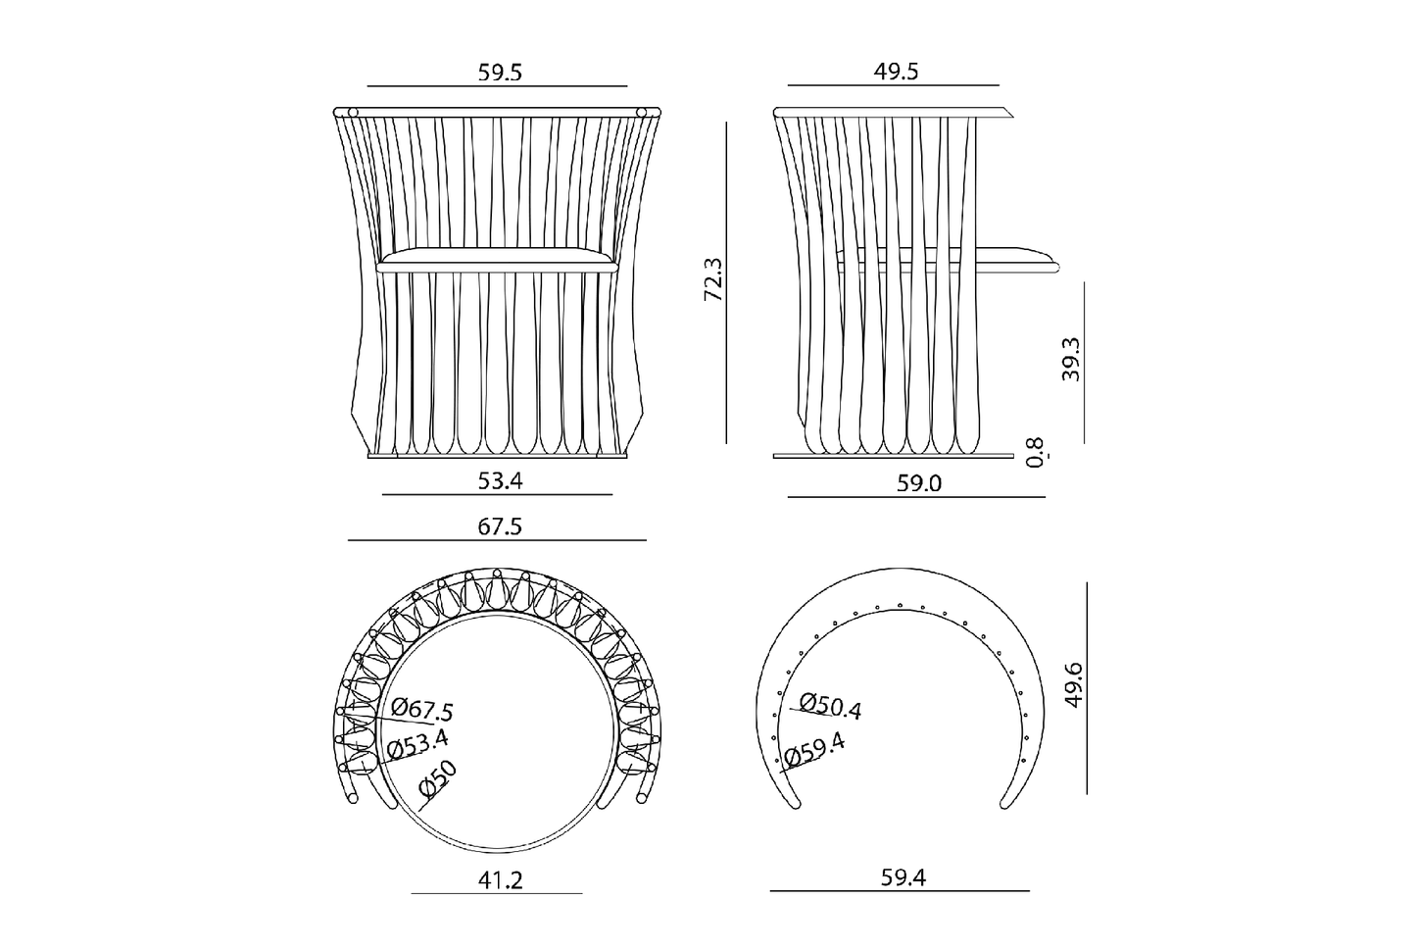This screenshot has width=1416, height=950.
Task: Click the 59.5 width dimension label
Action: tap(500, 73)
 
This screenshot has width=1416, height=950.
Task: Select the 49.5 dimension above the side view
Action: tap(896, 72)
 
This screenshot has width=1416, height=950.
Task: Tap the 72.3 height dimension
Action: tap(713, 279)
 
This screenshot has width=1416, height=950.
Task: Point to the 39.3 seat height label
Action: tap(1071, 359)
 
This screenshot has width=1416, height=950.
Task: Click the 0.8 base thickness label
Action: tap(1036, 453)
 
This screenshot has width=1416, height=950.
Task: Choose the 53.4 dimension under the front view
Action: tap(500, 481)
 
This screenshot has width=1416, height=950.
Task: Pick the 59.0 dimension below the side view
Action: tap(919, 483)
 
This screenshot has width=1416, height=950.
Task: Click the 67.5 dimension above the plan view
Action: tap(500, 526)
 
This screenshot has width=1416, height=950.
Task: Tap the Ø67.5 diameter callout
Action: tap(421, 710)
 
